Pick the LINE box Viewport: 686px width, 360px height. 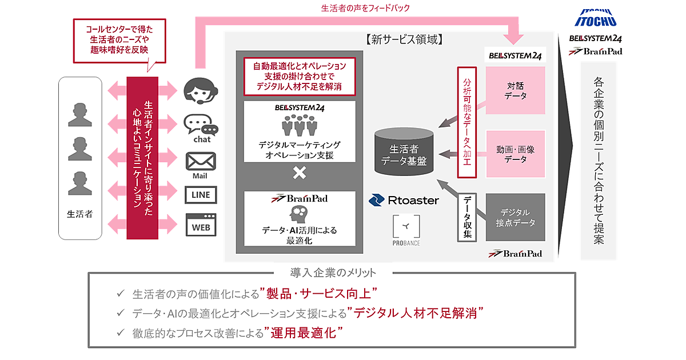201,195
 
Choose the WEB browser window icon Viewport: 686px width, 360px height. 201,226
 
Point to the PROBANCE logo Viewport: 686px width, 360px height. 407,231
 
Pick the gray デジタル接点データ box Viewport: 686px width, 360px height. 516,218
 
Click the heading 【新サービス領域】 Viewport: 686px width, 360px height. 404,41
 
